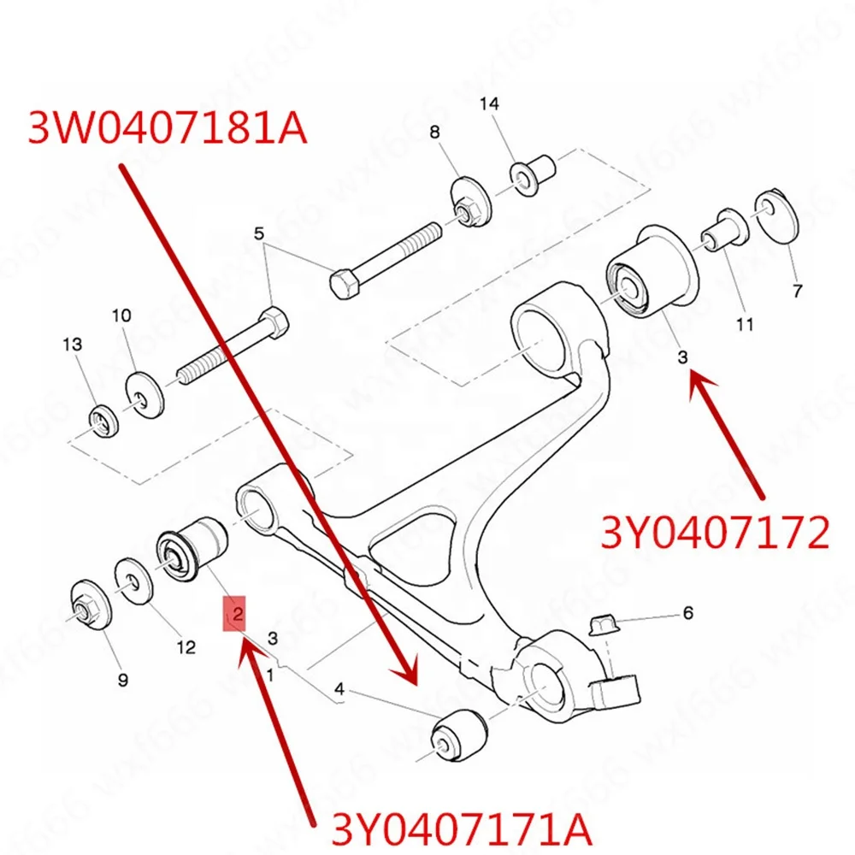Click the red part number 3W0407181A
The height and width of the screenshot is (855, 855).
pyautogui.click(x=167, y=128)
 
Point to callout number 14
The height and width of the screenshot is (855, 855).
pyautogui.click(x=488, y=104)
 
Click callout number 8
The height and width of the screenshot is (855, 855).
pyautogui.click(x=434, y=133)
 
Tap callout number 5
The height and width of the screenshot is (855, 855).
pyautogui.click(x=259, y=233)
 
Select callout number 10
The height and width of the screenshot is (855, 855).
pyautogui.click(x=121, y=315)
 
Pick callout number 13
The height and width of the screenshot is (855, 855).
pyautogui.click(x=73, y=345)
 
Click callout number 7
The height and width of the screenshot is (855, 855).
pyautogui.click(x=797, y=292)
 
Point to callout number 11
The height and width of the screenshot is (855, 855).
pyautogui.click(x=744, y=324)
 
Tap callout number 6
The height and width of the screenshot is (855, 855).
pyautogui.click(x=687, y=613)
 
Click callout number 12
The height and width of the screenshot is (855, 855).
pyautogui.click(x=186, y=648)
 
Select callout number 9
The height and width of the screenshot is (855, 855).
pyautogui.click(x=122, y=680)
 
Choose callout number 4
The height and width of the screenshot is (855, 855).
pyautogui.click(x=339, y=688)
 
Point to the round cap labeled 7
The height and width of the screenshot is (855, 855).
pyautogui.click(x=775, y=214)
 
